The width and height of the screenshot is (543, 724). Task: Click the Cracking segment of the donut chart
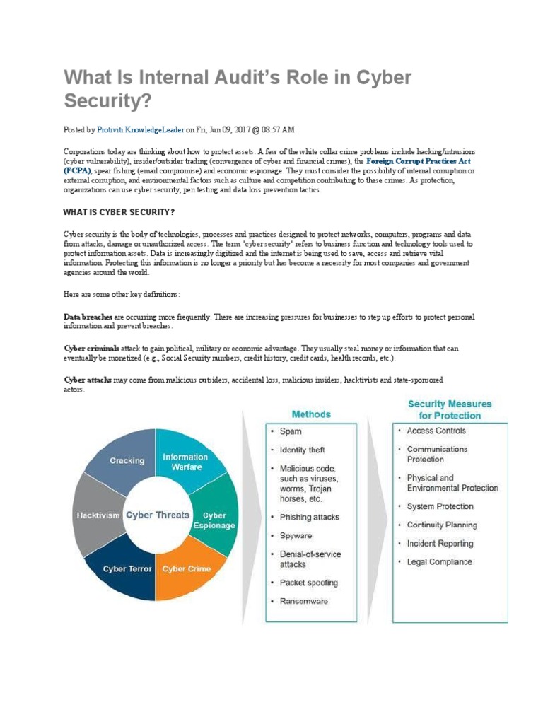[x=127, y=460]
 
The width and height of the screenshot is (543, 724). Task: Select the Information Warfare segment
[x=185, y=461]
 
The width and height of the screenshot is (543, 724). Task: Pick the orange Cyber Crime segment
[x=186, y=568]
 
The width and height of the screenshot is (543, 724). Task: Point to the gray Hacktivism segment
[x=96, y=515]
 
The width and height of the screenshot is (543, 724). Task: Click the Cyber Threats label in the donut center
[x=157, y=515]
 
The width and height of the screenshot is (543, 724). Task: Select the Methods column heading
[x=310, y=414]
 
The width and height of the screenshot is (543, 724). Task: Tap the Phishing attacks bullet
[x=309, y=517]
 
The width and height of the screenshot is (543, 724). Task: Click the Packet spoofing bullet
[x=308, y=583]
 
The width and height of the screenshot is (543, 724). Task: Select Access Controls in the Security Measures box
[x=436, y=431]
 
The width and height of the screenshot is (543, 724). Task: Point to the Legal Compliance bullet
[x=439, y=562]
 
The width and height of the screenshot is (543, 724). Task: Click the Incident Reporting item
[x=440, y=544]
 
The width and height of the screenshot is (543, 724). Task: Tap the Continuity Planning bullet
[x=442, y=525]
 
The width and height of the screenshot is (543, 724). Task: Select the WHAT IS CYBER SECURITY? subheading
[x=119, y=212]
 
